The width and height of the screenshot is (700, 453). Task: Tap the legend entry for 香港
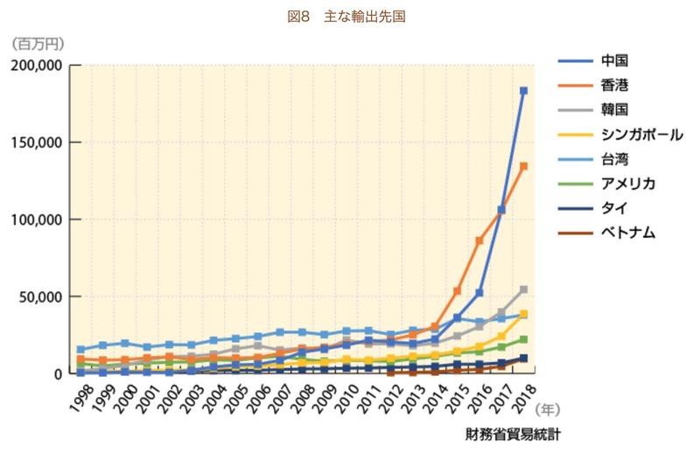[615, 85]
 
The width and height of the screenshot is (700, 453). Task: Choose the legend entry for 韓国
[615, 109]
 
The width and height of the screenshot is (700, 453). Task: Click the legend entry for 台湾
[615, 158]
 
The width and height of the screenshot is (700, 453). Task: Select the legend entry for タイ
[612, 207]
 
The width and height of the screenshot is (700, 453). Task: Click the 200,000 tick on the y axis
[36, 66]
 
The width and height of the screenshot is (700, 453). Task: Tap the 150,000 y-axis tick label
[36, 143]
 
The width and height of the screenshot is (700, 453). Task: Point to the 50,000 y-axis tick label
[39, 296]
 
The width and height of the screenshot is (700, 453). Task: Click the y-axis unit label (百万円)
[38, 42]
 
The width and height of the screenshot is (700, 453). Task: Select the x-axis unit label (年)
[549, 407]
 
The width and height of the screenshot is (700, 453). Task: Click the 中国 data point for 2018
[523, 91]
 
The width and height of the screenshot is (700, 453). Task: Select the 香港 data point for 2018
[523, 166]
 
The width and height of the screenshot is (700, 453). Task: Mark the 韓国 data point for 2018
[523, 289]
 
